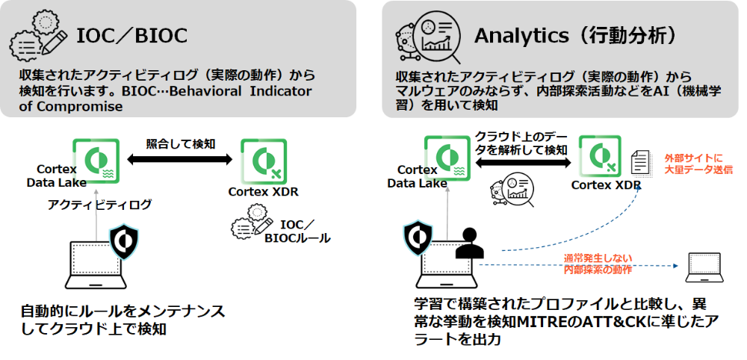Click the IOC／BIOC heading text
(x=132, y=36)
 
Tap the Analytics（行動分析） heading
(x=575, y=36)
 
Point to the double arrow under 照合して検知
(x=179, y=160)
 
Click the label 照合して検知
(x=181, y=143)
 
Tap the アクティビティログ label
(x=99, y=205)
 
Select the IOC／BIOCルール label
(x=298, y=231)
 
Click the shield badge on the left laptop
(x=124, y=242)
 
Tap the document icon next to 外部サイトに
(x=641, y=163)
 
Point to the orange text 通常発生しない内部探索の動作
(x=598, y=264)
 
